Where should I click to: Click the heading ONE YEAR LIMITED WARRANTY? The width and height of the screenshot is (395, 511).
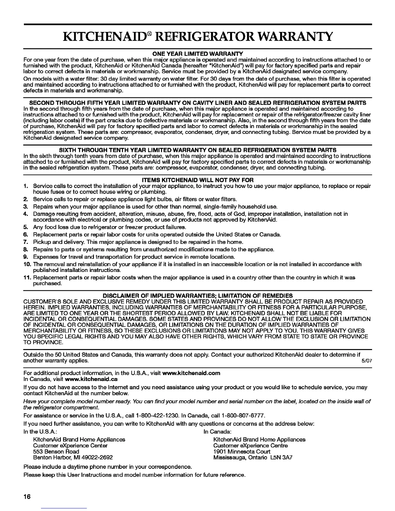click(x=197, y=53)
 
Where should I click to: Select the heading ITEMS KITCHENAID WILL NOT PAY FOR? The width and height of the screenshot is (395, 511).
click(x=197, y=180)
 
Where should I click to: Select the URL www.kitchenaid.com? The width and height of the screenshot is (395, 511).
click(x=191, y=373)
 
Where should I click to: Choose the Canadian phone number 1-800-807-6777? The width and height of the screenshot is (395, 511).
click(x=242, y=415)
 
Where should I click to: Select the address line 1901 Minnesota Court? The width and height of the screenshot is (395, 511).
click(x=242, y=451)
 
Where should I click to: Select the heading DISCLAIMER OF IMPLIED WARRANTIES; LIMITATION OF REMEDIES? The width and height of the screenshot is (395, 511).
click(x=197, y=296)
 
